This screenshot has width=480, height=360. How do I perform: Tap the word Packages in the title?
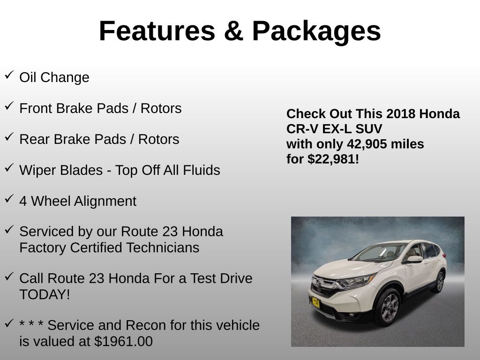pos(316,31)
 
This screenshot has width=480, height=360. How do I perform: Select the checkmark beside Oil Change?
pos(9,75)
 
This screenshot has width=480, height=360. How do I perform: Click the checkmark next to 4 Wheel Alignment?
pos(9,199)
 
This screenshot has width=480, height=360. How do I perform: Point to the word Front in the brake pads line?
pos(36,108)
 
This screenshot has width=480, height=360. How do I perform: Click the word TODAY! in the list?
pos(45,294)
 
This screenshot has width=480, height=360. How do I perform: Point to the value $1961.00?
pos(123,341)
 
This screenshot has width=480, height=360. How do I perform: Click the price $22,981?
pos(333,159)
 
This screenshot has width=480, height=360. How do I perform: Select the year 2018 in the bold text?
pos(401,114)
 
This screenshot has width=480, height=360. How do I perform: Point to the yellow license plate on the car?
pos(316,302)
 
